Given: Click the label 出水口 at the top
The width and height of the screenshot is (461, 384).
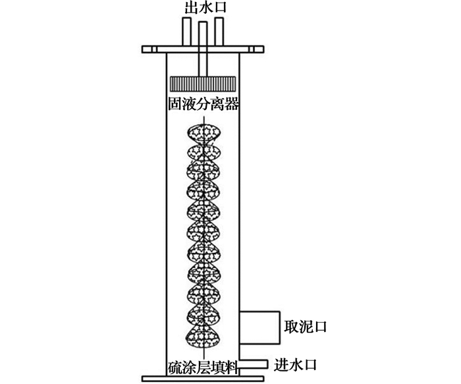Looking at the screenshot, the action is click(205, 7).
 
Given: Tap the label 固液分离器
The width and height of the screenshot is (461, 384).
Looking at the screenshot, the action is click(203, 104).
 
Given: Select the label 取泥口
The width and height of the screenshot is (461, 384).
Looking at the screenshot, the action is click(305, 327).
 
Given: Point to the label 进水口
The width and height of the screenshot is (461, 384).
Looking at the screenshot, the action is click(295, 365).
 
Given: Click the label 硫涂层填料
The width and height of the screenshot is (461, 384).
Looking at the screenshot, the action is click(203, 368).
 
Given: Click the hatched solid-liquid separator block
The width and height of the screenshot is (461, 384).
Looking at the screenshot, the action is click(203, 84).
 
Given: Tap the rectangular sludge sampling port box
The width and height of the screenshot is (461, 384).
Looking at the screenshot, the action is click(259, 327).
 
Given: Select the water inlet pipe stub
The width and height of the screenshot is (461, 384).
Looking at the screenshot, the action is click(254, 364).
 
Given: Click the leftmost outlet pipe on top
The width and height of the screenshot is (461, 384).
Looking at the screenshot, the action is click(186, 32).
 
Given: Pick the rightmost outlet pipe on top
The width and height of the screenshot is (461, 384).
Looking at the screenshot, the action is click(219, 32).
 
